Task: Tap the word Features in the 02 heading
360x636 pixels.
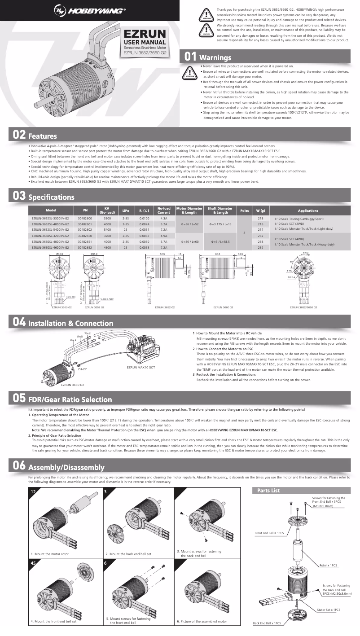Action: [42, 136]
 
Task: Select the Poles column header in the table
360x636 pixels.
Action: [245, 211]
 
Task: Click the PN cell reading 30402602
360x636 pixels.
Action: [85, 229]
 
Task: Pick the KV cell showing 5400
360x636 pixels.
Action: [107, 229]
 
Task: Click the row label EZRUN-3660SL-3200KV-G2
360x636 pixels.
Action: [50, 236]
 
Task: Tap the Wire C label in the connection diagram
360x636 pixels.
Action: [87, 333]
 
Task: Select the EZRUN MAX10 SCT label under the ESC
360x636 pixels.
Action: [140, 368]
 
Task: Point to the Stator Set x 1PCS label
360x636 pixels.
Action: [329, 610]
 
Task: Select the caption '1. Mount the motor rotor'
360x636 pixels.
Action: [49, 554]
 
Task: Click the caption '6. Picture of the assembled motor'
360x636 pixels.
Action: [202, 621]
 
